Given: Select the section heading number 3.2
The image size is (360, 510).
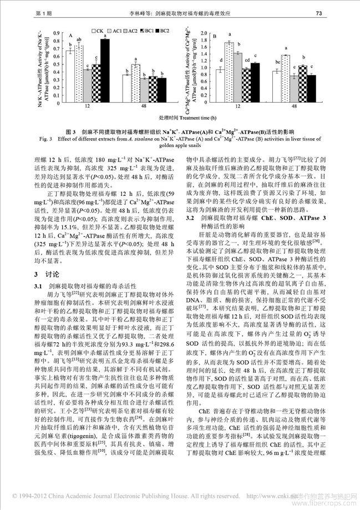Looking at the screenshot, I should (x=189, y=235).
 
